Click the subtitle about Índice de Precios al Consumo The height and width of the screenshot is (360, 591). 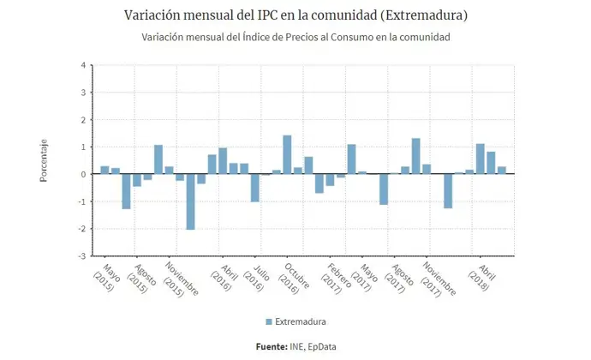pos(295,38)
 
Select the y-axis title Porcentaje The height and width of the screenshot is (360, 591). pos(44,160)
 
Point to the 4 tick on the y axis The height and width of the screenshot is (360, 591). pos(82,65)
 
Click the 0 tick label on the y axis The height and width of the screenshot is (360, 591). pos(82,174)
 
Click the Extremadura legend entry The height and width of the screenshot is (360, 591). pos(296,321)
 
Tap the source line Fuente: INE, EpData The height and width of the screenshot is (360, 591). pos(295,346)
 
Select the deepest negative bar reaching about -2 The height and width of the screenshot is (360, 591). pos(190,201)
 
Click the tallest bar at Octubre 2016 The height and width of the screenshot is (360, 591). pos(287,154)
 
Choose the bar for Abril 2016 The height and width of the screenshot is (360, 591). pos(223,161)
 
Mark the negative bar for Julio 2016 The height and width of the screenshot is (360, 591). pos(254,188)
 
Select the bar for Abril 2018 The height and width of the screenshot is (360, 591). pos(481,159)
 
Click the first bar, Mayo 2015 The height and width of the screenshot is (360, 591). pos(104,170)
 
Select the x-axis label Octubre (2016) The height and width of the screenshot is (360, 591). pos(287,279)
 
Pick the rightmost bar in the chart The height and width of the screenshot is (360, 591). pos(502,170)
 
